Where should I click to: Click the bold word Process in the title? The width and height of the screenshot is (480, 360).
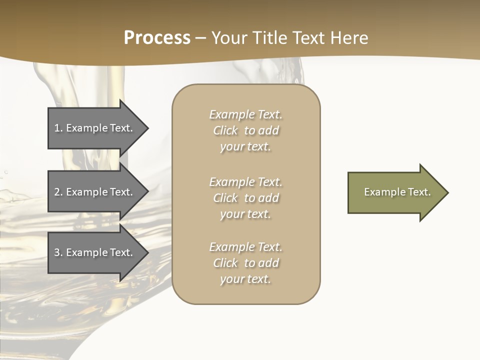[x=157, y=38]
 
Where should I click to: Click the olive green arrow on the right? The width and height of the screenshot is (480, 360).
[x=395, y=192]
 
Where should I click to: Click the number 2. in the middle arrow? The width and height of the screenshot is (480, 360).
[x=58, y=192]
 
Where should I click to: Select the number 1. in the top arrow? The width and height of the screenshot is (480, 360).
[x=58, y=128]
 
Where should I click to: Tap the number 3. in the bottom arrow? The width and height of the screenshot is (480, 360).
[x=58, y=252]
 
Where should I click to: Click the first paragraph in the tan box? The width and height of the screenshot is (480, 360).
[x=246, y=130]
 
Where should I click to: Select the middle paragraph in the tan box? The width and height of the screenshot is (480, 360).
[x=246, y=198]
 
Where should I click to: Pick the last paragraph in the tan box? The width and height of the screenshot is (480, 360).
[x=246, y=263]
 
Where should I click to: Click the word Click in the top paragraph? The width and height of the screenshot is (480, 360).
[x=225, y=130]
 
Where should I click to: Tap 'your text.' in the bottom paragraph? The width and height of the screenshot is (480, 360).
[x=245, y=279]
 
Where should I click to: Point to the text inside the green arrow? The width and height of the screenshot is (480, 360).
[x=397, y=192]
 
